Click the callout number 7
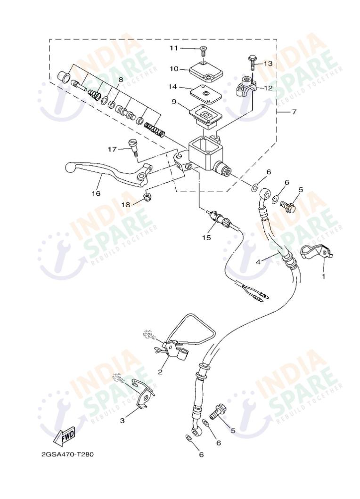click(294, 112)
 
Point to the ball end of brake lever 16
click(70, 166)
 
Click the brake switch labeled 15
click(219, 219)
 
